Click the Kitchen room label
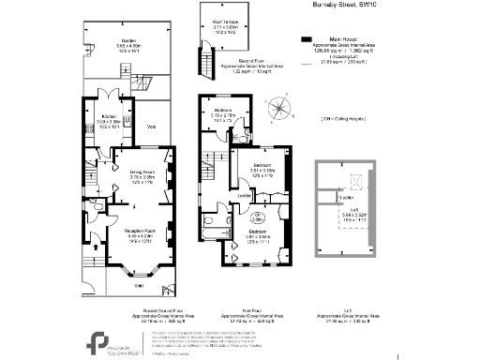tap(109, 119)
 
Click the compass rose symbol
tap(279, 111)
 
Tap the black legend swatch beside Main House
tap(306, 39)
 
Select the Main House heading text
tap(340, 39)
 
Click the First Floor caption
tap(233, 316)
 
